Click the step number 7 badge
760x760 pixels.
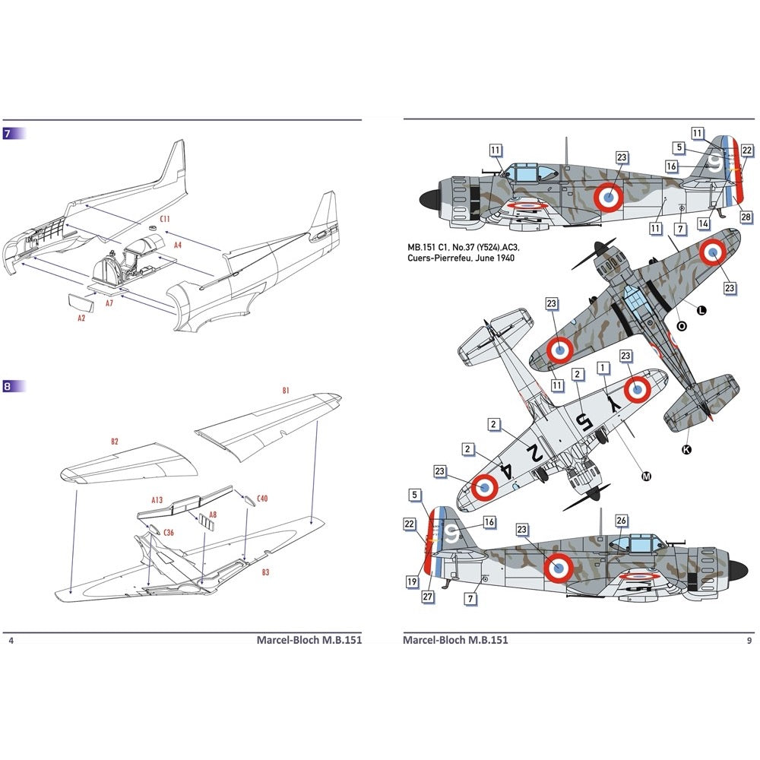pos(8,134)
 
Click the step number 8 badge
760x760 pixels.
pos(8,386)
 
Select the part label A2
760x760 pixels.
pos(81,318)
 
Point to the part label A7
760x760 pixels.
pos(109,302)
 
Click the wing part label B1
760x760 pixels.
pos(286,390)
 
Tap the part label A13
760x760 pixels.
pos(157,499)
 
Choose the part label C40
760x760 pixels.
pos(262,499)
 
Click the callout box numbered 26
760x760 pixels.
pos(621,521)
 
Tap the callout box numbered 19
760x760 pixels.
pos(412,581)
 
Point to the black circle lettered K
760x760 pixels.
pos(687,449)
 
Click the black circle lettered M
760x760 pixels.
pos(647,477)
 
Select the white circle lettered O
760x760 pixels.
pos(681,326)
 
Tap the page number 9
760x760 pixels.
pos(749,640)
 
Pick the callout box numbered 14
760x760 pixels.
pos(705,223)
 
